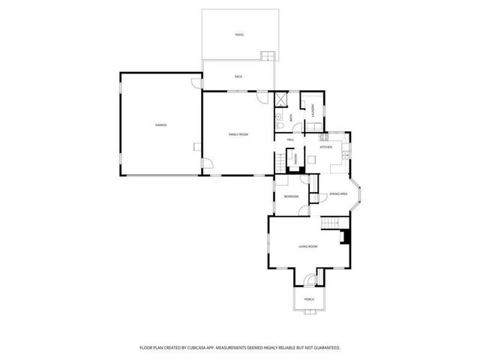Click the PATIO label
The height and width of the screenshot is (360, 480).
239,34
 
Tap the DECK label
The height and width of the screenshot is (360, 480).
238,76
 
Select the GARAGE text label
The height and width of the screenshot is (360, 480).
160,124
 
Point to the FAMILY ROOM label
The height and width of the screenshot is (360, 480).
238,133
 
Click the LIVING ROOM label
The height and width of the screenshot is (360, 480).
308,246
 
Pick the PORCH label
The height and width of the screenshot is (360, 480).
309,299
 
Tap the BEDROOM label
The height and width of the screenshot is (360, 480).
291,196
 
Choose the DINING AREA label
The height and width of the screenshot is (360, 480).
338,194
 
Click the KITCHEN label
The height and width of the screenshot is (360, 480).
326,147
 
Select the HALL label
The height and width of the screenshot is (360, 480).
289,139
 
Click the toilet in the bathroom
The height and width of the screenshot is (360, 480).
278,118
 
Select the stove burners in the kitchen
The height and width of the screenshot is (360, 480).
324,136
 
